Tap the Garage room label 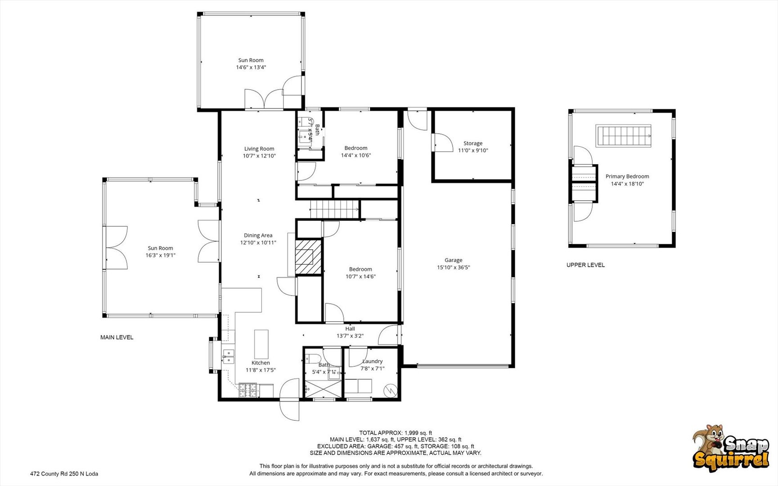(453, 264)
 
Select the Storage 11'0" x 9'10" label (473, 147)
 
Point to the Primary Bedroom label (627, 180)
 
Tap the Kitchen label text (261, 363)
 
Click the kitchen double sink (229, 356)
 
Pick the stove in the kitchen (248, 390)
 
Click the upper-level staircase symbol (624, 136)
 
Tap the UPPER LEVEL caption (585, 265)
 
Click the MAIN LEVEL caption (117, 337)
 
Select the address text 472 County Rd (64, 473)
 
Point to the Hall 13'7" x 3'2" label (350, 332)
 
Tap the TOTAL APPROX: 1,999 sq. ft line (396, 433)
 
